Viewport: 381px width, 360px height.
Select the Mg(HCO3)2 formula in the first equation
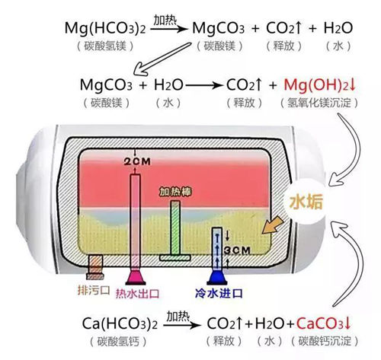[x=105, y=28]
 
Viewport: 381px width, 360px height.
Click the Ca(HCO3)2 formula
[x=120, y=324]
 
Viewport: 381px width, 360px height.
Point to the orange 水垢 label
[x=306, y=202]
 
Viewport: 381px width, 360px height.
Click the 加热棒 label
[x=175, y=192]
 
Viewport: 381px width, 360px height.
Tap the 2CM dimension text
[x=137, y=161]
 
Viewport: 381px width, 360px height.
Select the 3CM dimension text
[x=237, y=250]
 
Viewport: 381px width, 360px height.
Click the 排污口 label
[x=93, y=290]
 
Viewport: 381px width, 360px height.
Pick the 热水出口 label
[x=137, y=294]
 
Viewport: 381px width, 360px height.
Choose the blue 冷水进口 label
[x=219, y=293]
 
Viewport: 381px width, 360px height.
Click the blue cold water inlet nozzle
[x=217, y=277]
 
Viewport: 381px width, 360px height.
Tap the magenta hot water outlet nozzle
[x=136, y=277]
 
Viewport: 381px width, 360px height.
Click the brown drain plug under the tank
[x=95, y=267]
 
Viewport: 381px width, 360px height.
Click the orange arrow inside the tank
[x=273, y=225]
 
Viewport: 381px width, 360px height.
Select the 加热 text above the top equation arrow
[x=165, y=21]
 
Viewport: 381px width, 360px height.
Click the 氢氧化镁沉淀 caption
[x=319, y=103]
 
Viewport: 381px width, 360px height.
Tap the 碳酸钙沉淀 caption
[x=325, y=341]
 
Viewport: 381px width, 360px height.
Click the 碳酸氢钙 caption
[x=118, y=342]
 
